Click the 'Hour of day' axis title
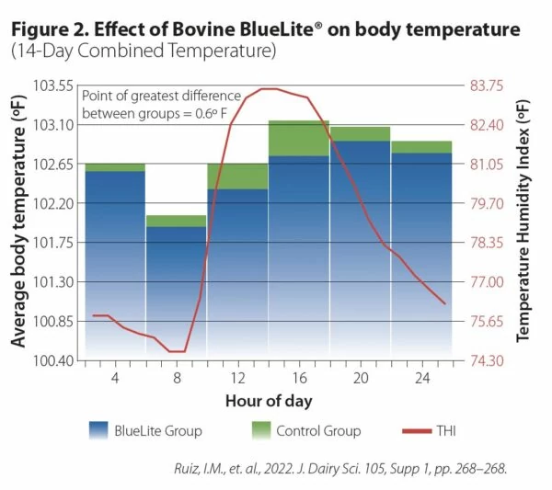click(x=269, y=401)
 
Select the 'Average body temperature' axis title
click(x=17, y=222)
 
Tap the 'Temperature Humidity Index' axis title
click(x=523, y=222)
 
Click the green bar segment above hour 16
click(x=298, y=138)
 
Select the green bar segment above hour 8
click(x=175, y=221)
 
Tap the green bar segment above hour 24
click(x=421, y=147)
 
